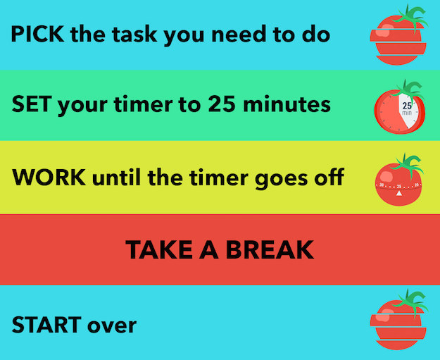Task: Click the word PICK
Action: click(37, 34)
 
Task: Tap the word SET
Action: click(32, 104)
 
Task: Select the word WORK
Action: click(49, 177)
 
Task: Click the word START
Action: click(46, 324)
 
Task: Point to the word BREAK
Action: click(270, 249)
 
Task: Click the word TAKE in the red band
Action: click(159, 249)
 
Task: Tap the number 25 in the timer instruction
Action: click(222, 104)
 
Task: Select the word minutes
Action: click(287, 104)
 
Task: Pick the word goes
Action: click(281, 179)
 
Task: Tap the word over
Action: click(112, 325)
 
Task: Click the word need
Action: click(238, 34)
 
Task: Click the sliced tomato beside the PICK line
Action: click(398, 35)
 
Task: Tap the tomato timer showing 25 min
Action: click(400, 108)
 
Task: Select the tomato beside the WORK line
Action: click(398, 180)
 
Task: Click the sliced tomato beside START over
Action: click(398, 320)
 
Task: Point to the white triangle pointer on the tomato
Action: click(398, 193)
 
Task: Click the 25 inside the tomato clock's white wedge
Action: click(407, 106)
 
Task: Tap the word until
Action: click(116, 177)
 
